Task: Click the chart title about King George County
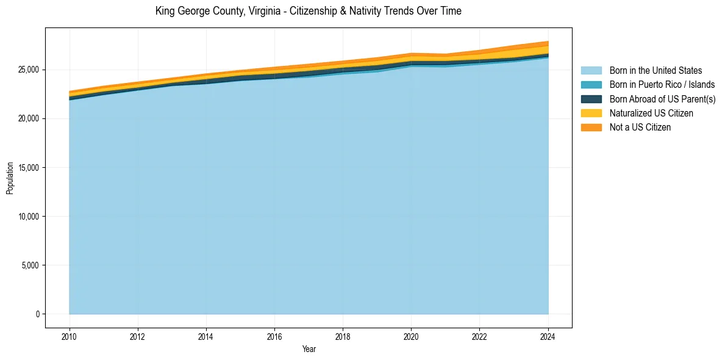[308, 11]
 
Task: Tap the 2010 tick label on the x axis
[70, 336]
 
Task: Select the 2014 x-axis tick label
[206, 336]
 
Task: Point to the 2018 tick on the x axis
[343, 336]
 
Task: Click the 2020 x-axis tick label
[412, 336]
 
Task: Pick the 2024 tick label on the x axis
[548, 336]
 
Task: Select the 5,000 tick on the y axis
[31, 265]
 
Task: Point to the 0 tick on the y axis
[38, 314]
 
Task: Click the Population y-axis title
[10, 178]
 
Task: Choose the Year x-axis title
[309, 349]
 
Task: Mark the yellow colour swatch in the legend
[591, 113]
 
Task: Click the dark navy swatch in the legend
[591, 99]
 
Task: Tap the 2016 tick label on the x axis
[274, 336]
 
